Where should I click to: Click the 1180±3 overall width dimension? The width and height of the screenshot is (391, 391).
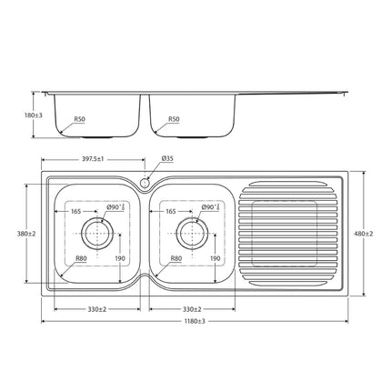click(194, 320)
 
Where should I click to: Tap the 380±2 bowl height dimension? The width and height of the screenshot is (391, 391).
click(25, 234)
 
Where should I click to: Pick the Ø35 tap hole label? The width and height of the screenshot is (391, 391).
click(167, 158)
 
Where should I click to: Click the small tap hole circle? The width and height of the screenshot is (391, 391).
click(145, 183)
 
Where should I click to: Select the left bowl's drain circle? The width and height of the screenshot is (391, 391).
click(96, 234)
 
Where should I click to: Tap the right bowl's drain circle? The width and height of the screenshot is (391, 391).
click(191, 234)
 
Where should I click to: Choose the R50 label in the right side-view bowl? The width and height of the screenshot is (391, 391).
click(174, 118)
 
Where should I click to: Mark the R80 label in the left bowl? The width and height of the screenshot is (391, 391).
click(81, 258)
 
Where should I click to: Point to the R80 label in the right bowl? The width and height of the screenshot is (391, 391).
click(176, 258)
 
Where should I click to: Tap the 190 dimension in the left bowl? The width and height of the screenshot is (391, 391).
click(120, 258)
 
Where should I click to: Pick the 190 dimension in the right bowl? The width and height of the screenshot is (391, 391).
click(215, 258)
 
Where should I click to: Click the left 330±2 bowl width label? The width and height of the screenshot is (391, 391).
click(96, 308)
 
